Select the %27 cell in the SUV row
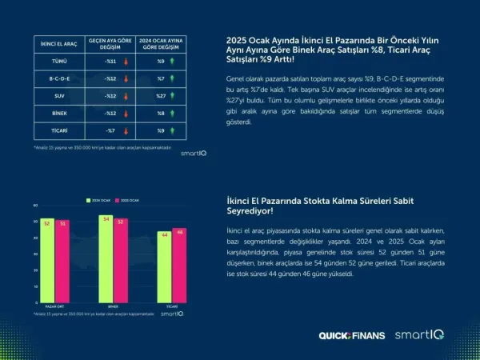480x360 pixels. coord(160,95)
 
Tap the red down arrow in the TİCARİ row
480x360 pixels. coord(126,130)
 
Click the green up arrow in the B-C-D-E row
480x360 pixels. coord(173,78)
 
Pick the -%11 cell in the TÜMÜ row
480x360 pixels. coord(111,61)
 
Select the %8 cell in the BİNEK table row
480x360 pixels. coord(161,113)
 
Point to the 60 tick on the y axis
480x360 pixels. coord(35,207)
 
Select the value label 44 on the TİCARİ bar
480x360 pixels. coord(164,234)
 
